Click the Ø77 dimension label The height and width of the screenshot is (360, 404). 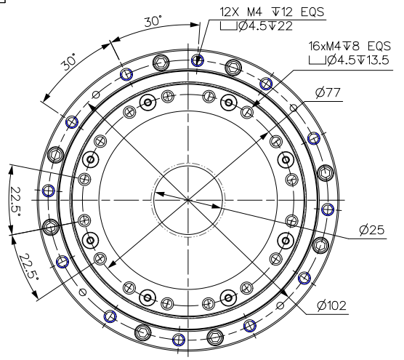(328, 92)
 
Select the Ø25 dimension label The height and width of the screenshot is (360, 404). (372, 230)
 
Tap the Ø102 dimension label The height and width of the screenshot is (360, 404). (332, 305)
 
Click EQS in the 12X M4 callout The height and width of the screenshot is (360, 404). (312, 12)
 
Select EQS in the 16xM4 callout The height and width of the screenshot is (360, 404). (379, 46)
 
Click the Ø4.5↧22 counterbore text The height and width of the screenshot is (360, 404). (266, 26)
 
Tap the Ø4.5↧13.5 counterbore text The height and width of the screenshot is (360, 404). (358, 60)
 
